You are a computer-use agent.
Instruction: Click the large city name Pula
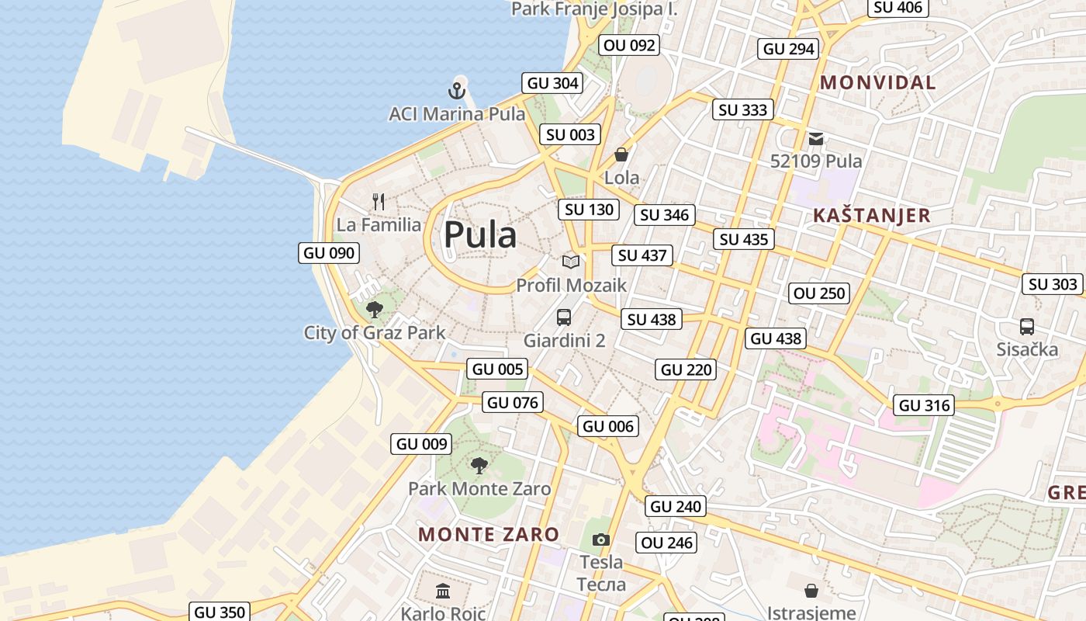(480, 234)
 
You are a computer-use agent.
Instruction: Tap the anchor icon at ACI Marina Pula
(457, 90)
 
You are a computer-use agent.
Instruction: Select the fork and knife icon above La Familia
(379, 202)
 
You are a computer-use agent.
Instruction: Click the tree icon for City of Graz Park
(375, 310)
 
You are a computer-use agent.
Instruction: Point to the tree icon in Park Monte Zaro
(479, 466)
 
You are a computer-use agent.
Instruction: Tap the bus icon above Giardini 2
(564, 317)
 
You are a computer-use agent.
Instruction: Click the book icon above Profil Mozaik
(571, 262)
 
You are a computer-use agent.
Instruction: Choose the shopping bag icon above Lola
(621, 154)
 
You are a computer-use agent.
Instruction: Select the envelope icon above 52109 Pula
(816, 139)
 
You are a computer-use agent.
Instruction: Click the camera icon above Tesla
(600, 539)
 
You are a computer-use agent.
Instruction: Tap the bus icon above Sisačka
(1027, 326)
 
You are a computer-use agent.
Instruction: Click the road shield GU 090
(329, 253)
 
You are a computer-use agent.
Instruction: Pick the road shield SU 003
(570, 134)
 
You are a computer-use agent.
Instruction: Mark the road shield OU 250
(819, 293)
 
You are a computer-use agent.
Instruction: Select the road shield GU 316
(924, 405)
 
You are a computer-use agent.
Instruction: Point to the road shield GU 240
(676, 507)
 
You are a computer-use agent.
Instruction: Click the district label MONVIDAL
(878, 82)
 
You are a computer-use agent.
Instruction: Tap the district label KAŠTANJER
(872, 216)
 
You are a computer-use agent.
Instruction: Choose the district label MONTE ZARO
(489, 534)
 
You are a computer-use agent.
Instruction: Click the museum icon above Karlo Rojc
(443, 592)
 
